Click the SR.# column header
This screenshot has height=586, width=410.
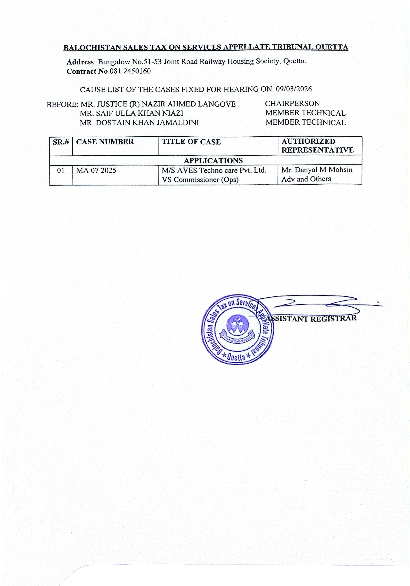tap(61, 142)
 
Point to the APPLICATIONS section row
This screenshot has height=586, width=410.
tap(213, 161)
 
